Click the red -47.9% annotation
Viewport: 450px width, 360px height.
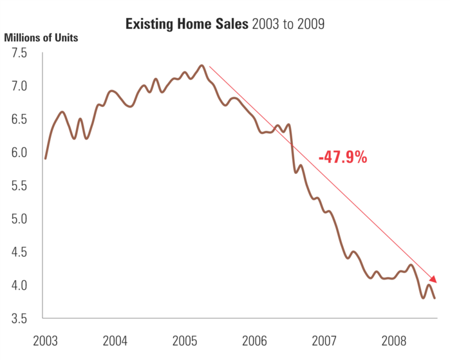click(342, 156)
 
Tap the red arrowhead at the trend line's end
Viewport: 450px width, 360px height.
click(434, 279)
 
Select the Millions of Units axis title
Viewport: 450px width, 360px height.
click(41, 37)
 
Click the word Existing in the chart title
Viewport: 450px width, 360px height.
click(149, 25)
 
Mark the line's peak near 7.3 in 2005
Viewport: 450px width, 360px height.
click(202, 65)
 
